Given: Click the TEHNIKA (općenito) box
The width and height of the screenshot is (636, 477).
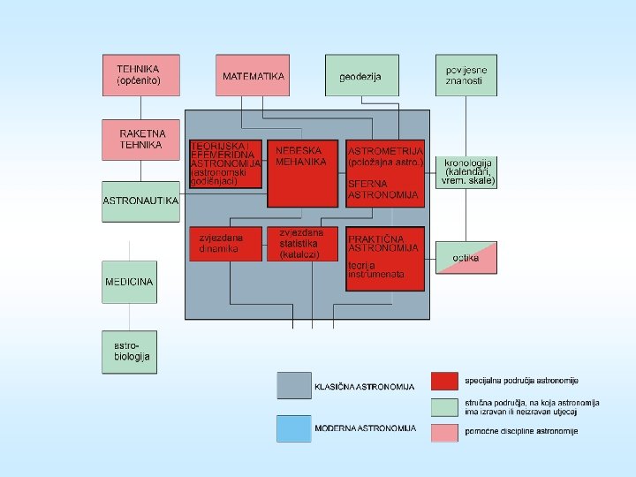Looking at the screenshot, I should point(140,75).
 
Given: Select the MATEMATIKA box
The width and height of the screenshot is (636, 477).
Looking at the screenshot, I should point(253,75).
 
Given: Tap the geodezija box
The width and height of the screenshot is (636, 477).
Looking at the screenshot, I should point(361,75).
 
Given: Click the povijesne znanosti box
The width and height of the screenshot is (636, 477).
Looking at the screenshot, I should point(466,75).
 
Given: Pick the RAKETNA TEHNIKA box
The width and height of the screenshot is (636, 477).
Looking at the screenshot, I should point(140,140).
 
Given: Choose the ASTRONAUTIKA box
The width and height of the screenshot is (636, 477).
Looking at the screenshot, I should point(140,201).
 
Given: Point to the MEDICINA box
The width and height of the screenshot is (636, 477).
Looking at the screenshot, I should point(129,282).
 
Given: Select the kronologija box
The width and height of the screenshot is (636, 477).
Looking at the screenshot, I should point(468,171).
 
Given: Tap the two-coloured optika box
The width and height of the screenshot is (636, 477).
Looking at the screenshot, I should point(466,257).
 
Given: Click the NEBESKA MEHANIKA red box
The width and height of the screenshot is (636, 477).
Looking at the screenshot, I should point(303,172).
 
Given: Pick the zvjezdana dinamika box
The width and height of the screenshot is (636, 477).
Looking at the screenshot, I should point(225,244).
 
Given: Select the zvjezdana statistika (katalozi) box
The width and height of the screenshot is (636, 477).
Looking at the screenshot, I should point(303,244).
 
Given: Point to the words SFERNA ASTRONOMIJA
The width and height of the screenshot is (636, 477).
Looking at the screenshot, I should point(382,189).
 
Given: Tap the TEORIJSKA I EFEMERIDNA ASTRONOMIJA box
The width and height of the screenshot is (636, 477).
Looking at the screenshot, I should point(225,163).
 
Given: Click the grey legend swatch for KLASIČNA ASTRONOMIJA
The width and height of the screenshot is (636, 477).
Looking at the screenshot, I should point(293,385).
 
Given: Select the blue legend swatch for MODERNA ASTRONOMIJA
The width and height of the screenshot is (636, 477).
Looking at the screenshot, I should point(293,428).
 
